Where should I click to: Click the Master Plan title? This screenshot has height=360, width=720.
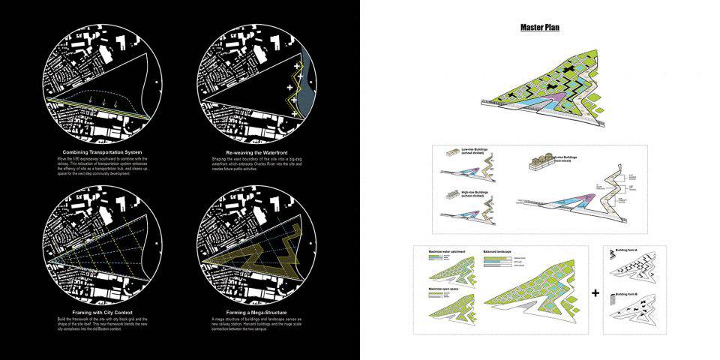pos(540,28)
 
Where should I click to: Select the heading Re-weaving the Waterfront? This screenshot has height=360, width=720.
pos(256,152)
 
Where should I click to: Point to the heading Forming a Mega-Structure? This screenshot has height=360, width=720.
pos(256,312)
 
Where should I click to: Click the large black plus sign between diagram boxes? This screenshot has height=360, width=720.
pos(595,292)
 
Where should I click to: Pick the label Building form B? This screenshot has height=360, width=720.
pos(628,294)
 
